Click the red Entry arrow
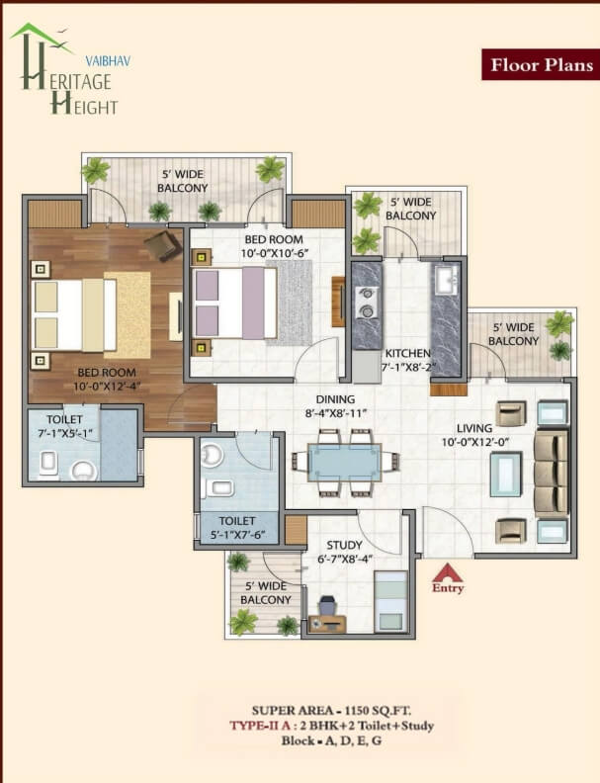447,572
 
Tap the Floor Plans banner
541,64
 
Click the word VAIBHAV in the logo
108,61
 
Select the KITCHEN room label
408,353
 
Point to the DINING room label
335,399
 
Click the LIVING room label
474,428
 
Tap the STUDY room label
344,545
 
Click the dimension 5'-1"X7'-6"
236,535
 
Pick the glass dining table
344,462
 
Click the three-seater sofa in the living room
551,473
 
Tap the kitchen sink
446,280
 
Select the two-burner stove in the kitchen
366,303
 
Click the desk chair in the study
327,606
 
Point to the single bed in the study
391,601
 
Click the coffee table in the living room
506,474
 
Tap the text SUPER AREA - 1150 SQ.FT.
331,710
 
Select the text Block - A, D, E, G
331,740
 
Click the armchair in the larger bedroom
163,245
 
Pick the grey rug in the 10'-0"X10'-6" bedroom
290,303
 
